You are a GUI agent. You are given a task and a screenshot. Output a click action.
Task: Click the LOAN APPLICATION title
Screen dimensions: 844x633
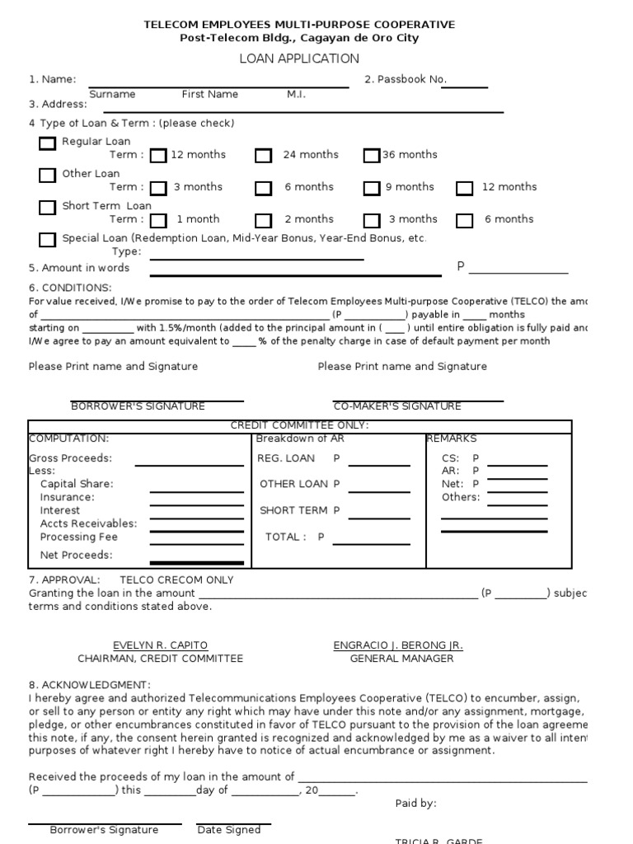299,59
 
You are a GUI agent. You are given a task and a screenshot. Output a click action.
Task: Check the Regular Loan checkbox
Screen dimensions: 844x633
48,143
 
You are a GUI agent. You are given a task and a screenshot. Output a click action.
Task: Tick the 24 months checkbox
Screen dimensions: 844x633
263,156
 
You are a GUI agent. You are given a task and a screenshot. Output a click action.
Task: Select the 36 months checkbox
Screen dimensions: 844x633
372,156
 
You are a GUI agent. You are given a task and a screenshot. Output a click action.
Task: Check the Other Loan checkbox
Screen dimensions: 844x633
48,176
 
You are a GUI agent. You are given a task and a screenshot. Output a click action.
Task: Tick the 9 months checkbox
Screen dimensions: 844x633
372,188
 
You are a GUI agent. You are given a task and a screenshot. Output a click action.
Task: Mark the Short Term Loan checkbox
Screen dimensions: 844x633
48,208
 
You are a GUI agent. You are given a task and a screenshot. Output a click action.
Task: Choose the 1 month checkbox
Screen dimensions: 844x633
159,220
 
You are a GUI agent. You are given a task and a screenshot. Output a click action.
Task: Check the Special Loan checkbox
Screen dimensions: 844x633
48,240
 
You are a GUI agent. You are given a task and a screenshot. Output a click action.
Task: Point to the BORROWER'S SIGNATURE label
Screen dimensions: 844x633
138,406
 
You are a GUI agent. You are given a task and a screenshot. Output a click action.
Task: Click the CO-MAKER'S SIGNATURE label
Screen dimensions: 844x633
396,406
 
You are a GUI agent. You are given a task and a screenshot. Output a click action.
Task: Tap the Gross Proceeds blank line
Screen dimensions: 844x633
189,464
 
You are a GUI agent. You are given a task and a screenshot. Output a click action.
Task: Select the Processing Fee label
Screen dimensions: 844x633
79,537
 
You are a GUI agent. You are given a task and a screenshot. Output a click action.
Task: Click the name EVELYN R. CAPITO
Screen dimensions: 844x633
160,645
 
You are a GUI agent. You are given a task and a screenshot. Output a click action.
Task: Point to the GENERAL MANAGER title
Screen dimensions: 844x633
401,659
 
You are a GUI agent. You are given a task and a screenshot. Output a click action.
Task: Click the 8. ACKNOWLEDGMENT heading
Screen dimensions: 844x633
90,685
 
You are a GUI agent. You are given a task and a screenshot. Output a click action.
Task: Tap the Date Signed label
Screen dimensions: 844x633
229,830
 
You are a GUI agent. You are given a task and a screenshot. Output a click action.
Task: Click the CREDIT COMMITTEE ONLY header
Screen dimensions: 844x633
299,425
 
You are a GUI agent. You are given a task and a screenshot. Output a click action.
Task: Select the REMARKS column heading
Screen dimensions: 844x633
452,439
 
